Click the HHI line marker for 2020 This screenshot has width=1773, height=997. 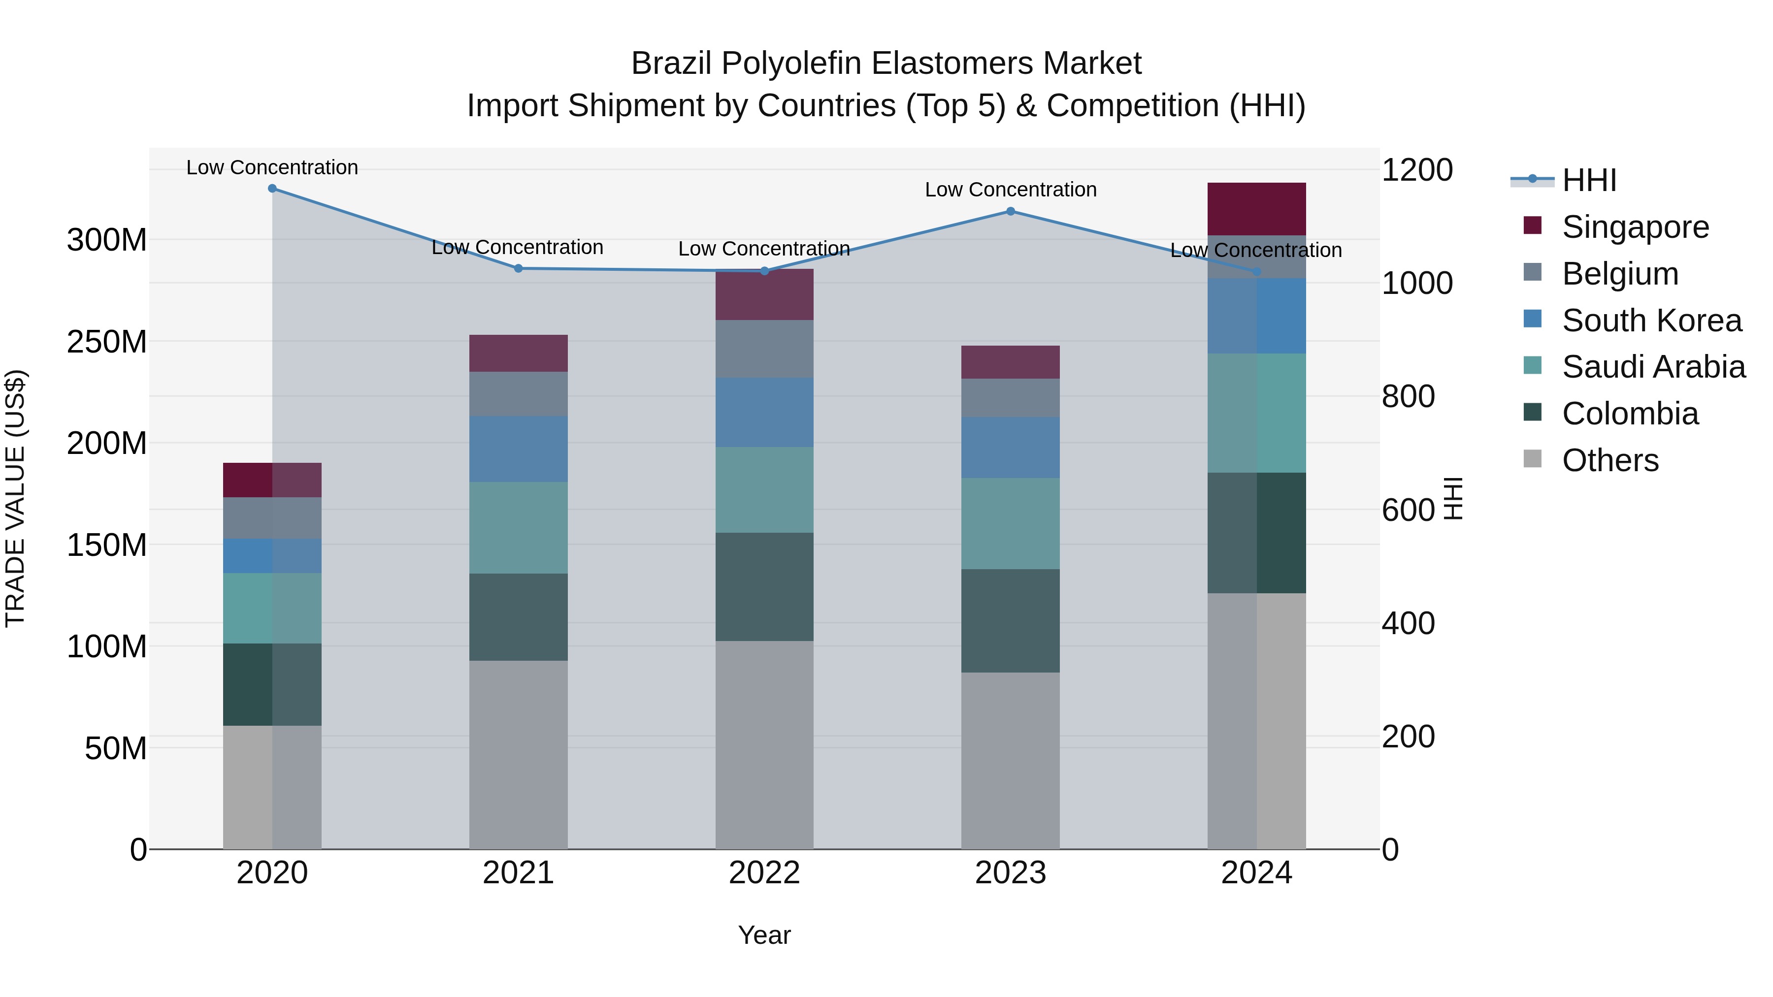272,188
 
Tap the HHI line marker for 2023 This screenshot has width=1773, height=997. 1011,211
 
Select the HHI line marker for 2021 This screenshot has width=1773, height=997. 518,268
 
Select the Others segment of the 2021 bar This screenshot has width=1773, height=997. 518,754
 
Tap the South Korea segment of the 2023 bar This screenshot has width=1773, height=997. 1011,447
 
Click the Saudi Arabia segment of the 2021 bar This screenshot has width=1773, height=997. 518,528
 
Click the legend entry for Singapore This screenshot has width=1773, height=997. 1635,227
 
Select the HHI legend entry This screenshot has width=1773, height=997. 1588,180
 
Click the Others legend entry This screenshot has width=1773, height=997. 1610,460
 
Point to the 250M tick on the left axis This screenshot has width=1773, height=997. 107,341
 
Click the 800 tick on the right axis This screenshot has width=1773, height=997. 1408,396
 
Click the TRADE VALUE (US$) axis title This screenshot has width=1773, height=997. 15,498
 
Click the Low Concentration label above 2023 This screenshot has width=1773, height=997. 1011,190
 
